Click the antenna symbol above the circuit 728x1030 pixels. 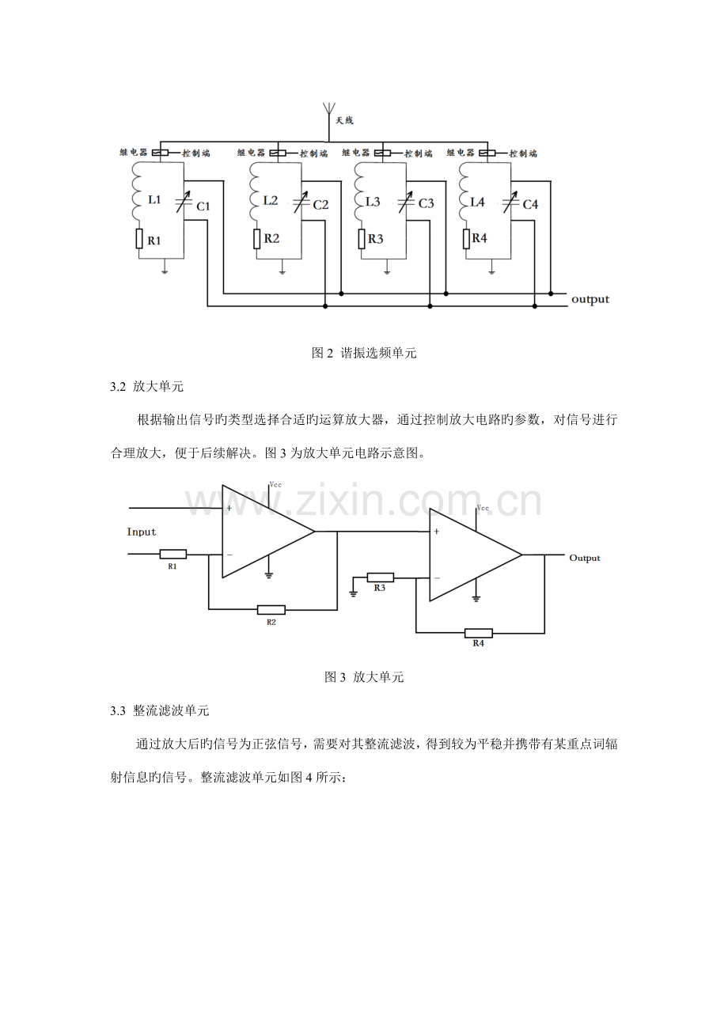click(x=327, y=112)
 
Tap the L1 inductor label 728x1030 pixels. click(x=154, y=200)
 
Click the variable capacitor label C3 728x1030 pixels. click(x=426, y=203)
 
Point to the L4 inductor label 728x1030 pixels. click(x=477, y=201)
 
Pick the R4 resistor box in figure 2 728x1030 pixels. click(x=465, y=237)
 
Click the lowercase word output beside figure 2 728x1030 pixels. click(x=590, y=299)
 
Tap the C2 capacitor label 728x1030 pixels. click(x=320, y=204)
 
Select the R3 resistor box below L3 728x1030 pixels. click(x=361, y=238)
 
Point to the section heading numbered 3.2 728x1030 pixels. click(x=149, y=386)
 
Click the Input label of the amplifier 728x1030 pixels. click(x=142, y=532)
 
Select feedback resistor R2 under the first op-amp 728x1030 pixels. click(x=271, y=610)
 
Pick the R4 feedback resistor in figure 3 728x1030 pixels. click(x=478, y=633)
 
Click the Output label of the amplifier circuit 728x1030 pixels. click(x=585, y=558)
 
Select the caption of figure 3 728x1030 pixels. click(x=364, y=677)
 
